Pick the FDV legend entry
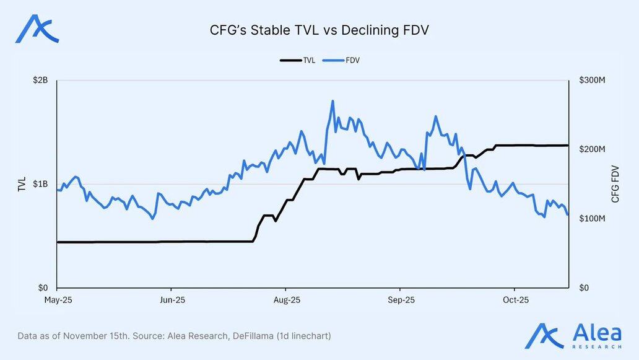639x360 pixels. coord(346,60)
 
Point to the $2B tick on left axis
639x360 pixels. coord(41,81)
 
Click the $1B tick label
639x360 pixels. coord(41,184)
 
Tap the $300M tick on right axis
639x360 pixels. coord(591,81)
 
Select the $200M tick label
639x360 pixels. coord(591,149)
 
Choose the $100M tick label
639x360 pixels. coord(591,219)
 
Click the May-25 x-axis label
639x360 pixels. coord(56,301)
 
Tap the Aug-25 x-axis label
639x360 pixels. coord(285,301)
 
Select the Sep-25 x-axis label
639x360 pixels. coord(400,301)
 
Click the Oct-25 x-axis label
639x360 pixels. coord(515,301)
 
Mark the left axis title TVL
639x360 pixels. coord(22,184)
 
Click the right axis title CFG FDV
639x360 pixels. coord(615,184)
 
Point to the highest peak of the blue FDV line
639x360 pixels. coord(333,101)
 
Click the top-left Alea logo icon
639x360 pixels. coord(37,29)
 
